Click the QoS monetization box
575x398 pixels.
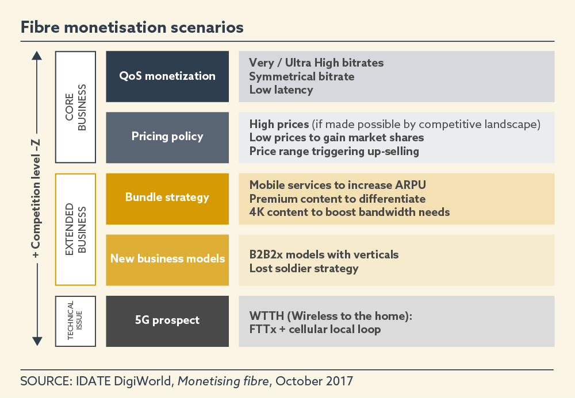(x=167, y=76)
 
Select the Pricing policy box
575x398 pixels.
(x=167, y=137)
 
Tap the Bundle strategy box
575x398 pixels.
(x=167, y=199)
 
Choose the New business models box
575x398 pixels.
(x=167, y=260)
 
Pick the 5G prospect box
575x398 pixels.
(x=167, y=321)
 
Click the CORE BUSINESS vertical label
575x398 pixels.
(x=75, y=107)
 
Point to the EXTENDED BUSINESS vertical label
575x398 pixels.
(x=75, y=229)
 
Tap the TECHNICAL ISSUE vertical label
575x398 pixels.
(x=75, y=320)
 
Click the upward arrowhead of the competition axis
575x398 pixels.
(x=37, y=56)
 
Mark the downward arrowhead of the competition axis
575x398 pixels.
(x=37, y=341)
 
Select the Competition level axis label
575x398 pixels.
(x=36, y=199)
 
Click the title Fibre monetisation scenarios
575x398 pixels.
(x=132, y=28)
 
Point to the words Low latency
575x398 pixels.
(x=281, y=90)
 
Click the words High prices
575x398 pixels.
(x=279, y=125)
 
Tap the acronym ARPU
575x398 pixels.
(x=411, y=185)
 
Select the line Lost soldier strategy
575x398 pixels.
(x=304, y=268)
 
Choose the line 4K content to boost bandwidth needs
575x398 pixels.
(x=350, y=212)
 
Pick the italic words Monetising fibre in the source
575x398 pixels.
(x=223, y=381)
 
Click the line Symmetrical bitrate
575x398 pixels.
(x=302, y=76)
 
